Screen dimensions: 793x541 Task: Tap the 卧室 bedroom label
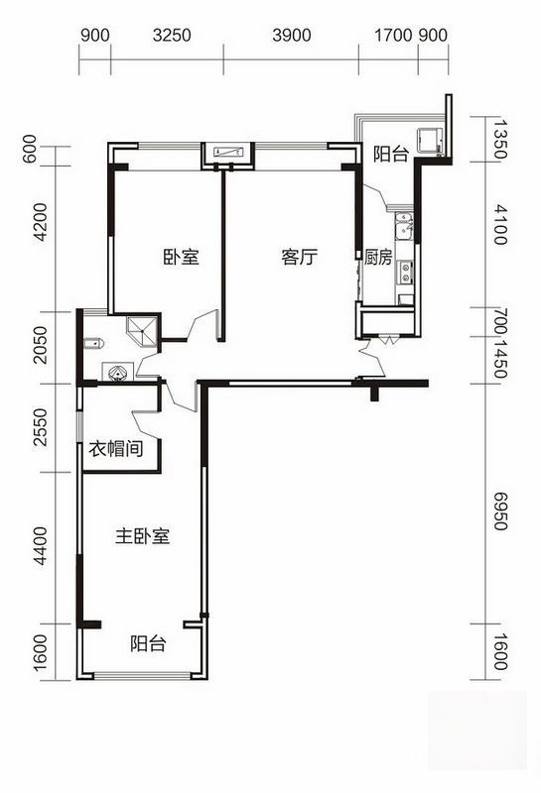click(182, 258)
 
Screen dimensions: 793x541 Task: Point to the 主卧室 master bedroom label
click(142, 537)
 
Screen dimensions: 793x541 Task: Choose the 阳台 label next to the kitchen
click(391, 155)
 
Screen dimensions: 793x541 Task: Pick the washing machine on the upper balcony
click(432, 140)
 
